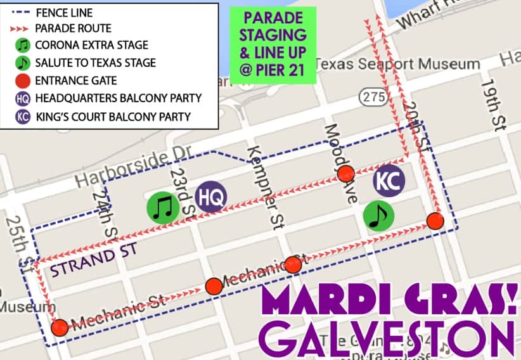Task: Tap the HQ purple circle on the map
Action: click(x=210, y=197)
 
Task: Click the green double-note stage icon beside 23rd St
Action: click(x=163, y=207)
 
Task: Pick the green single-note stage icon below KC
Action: click(x=378, y=216)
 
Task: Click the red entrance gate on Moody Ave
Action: click(x=345, y=173)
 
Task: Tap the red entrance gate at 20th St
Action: click(x=434, y=221)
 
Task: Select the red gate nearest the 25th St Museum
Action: click(x=60, y=327)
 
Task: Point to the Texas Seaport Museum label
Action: click(x=397, y=64)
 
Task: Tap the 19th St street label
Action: click(x=492, y=105)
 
